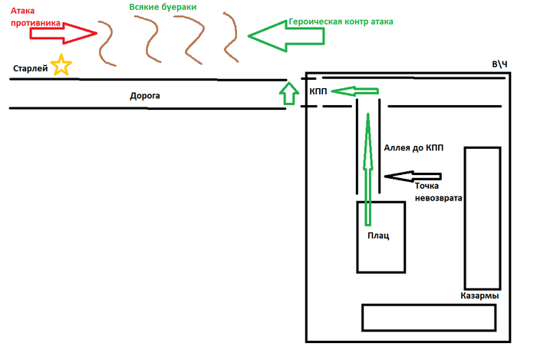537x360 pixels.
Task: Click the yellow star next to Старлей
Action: (61, 66)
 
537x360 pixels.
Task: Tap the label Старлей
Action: (30, 69)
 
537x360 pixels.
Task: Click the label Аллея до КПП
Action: (412, 147)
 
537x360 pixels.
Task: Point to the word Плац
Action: (378, 236)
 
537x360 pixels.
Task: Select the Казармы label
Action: (480, 296)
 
